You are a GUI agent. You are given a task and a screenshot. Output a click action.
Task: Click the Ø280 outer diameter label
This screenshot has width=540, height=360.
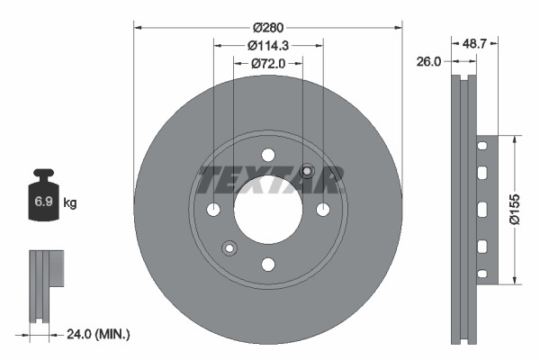tap(267, 27)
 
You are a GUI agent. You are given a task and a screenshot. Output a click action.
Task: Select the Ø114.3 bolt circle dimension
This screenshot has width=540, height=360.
tap(267, 45)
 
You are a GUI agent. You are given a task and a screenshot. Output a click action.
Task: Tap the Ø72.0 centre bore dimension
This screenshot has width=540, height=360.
tap(267, 63)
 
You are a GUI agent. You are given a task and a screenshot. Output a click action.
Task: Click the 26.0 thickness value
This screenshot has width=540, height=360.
tap(429, 61)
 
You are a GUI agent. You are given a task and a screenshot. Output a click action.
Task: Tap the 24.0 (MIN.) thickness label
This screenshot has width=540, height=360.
tap(98, 334)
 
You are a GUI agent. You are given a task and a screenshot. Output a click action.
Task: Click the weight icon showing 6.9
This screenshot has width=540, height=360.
tap(43, 195)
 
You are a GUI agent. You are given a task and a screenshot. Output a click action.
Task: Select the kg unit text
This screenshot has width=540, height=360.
tap(70, 203)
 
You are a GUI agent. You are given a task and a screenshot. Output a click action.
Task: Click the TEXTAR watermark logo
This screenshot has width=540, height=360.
tap(268, 180)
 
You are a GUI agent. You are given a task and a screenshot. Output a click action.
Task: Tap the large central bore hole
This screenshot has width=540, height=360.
tap(268, 209)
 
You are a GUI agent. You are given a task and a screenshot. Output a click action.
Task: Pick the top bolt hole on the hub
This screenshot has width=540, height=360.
tap(268, 155)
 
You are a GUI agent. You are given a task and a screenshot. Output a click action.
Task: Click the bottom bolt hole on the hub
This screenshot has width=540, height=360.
tap(268, 264)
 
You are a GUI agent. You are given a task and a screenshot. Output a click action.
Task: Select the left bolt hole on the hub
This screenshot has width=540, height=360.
tap(213, 210)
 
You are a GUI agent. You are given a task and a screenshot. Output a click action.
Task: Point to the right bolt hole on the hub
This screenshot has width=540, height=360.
tap(323, 210)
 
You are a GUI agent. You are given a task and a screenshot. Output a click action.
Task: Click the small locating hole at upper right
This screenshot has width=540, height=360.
tap(307, 171)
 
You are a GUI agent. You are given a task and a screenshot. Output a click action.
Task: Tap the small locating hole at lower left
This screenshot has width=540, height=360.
tap(229, 248)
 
